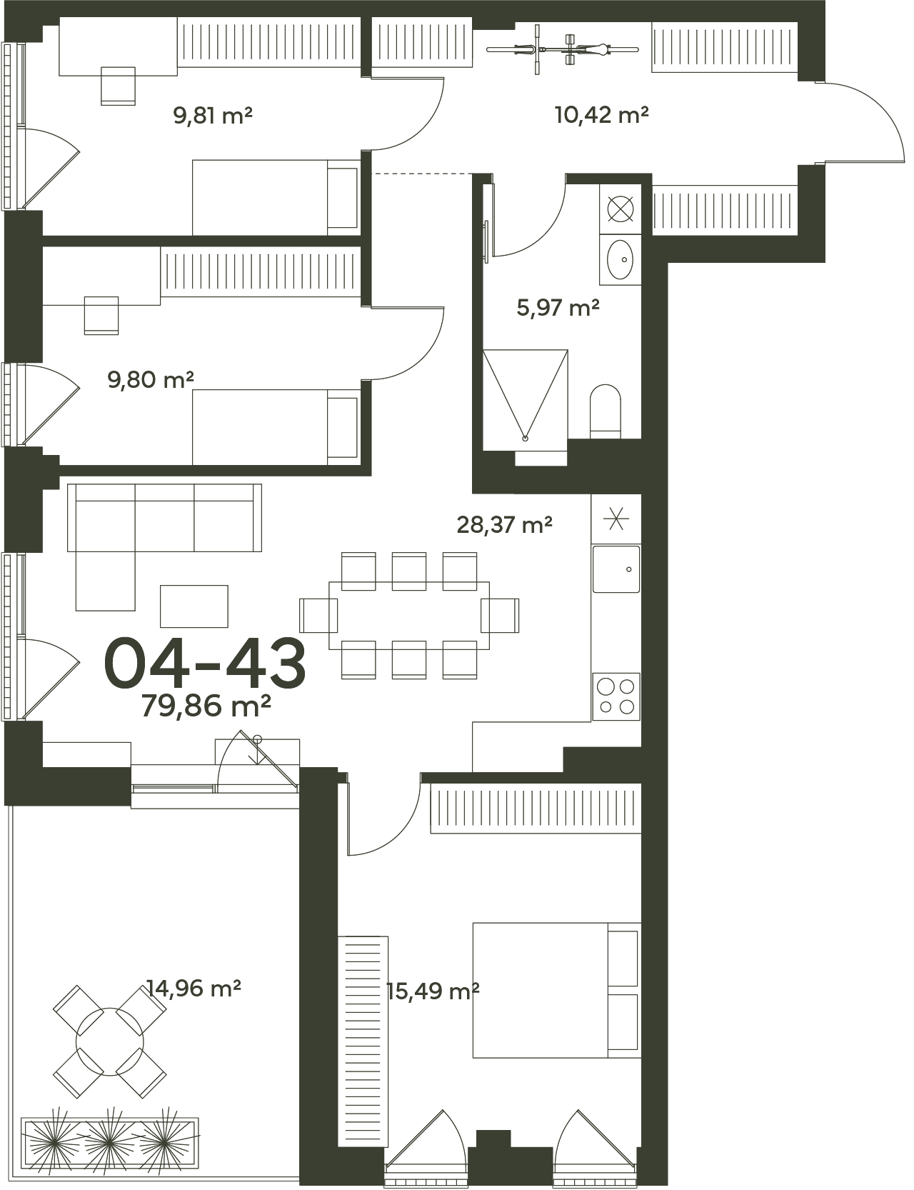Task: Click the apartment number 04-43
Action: tap(206, 664)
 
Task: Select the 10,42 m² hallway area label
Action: tap(602, 114)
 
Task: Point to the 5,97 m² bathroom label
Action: tap(558, 308)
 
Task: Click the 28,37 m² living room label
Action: tap(505, 525)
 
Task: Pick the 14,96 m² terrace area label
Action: tap(194, 989)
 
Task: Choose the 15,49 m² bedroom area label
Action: tap(433, 991)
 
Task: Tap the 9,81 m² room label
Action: tap(214, 115)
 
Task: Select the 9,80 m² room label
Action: tap(151, 379)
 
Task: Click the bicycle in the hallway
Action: tap(563, 49)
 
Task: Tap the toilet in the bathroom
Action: tap(606, 411)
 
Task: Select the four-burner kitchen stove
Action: tap(616, 696)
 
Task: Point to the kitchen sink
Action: tap(616, 569)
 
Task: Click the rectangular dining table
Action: tap(410, 615)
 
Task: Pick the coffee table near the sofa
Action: tap(194, 606)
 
